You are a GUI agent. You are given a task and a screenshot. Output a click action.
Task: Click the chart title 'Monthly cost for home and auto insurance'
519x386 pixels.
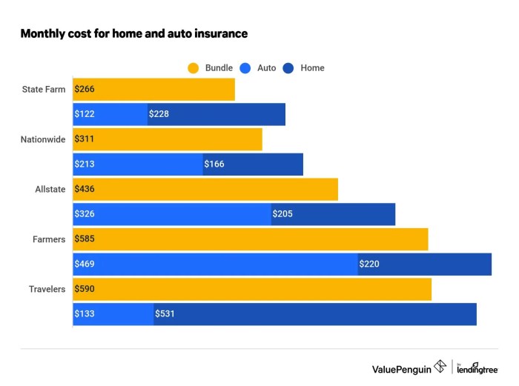pos(133,33)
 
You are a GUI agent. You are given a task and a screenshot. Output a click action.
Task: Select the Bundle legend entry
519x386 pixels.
pos(211,68)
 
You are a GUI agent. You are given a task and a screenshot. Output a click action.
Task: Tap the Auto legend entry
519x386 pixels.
pos(259,68)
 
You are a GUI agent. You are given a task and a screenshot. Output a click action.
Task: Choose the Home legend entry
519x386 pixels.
pos(304,68)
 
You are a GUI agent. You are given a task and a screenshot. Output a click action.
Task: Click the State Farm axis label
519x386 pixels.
pos(44,90)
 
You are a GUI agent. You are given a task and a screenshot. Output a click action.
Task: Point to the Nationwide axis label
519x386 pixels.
pos(44,139)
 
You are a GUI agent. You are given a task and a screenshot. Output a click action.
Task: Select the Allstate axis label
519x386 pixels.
pos(50,189)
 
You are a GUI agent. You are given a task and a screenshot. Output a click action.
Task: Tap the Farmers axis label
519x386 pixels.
pos(49,239)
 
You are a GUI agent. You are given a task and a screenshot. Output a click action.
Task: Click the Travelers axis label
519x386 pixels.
pos(47,289)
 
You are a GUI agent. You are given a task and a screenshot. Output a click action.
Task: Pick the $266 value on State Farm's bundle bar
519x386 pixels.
pos(85,90)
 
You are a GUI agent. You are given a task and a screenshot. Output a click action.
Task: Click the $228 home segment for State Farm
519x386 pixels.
pos(216,114)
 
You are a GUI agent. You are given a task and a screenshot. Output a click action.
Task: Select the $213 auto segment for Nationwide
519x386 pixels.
pos(138,164)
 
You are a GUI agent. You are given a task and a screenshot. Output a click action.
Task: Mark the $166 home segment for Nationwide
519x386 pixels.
pos(253,164)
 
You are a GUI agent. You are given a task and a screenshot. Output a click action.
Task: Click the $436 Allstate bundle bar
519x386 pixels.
pos(205,189)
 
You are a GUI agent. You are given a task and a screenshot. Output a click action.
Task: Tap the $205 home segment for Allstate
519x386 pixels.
pos(333,214)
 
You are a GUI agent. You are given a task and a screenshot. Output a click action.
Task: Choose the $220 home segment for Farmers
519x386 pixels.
pos(424,264)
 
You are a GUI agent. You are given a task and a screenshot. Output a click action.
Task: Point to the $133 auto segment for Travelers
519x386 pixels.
pos(113,314)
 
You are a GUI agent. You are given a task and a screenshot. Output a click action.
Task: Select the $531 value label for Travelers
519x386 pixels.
pos(165,314)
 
